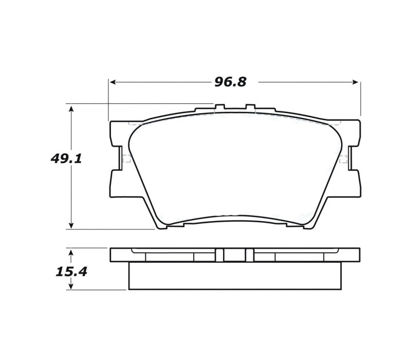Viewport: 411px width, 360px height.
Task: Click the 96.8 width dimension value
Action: tap(230, 82)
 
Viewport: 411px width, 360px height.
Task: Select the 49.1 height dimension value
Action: tap(66, 159)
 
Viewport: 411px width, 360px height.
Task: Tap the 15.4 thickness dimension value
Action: tap(71, 272)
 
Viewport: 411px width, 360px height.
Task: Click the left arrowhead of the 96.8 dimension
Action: tap(113, 82)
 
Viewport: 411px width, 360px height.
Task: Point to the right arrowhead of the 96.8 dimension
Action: tap(355, 82)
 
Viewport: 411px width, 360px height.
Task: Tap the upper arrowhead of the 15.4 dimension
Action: tap(71, 253)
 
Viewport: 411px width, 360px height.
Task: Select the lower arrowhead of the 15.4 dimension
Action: tap(71, 286)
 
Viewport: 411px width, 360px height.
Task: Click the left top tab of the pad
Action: tap(220, 107)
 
